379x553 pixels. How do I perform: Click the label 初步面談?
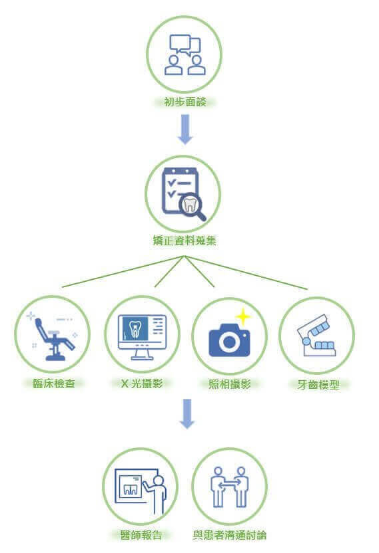(x=185, y=102)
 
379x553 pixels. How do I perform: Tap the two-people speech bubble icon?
(x=185, y=55)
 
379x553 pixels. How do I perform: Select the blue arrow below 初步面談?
(x=185, y=129)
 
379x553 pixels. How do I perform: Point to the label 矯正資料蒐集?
(x=185, y=241)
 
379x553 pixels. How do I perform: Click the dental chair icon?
(x=53, y=336)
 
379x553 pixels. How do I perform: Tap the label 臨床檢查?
(x=54, y=384)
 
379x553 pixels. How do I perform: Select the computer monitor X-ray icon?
(x=142, y=336)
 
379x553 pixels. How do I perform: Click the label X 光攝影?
(x=142, y=384)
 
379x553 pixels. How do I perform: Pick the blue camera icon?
(x=229, y=340)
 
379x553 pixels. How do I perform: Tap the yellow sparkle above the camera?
(x=243, y=316)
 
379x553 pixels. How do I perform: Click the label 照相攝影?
(x=229, y=384)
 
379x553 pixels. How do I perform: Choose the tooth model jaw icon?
(x=316, y=336)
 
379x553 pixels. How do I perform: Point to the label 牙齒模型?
(x=318, y=385)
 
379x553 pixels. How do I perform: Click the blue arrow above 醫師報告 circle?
(x=187, y=413)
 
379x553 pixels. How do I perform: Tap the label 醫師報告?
(x=141, y=535)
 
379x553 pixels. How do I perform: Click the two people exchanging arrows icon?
(x=229, y=487)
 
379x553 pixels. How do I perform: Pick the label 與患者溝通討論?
(x=229, y=535)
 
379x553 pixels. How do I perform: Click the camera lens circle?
(x=229, y=342)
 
